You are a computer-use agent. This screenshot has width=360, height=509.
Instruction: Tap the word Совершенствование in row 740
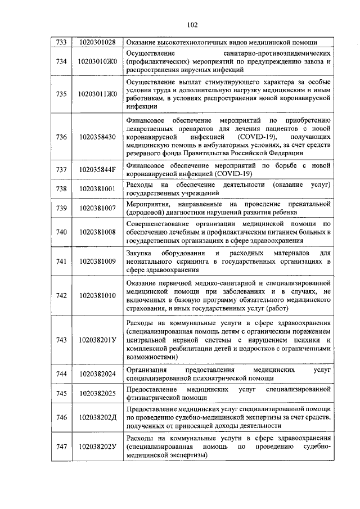161,223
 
